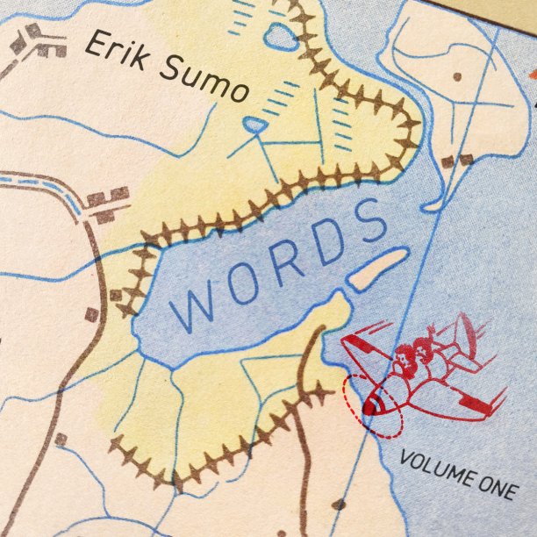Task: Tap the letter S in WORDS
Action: (369, 219)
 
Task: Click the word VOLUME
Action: (433, 468)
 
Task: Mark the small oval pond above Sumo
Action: (282, 37)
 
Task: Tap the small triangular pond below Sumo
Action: (254, 125)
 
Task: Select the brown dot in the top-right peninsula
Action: (456, 77)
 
